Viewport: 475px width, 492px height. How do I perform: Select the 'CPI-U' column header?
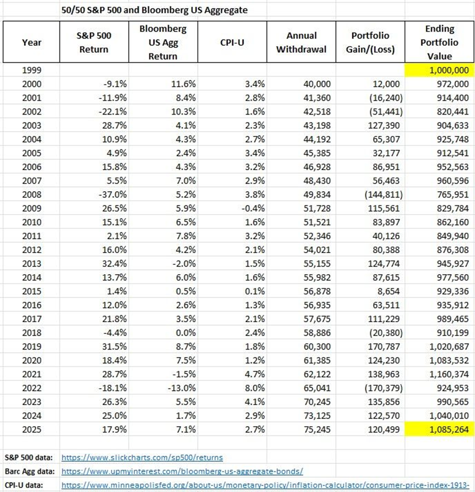click(232, 42)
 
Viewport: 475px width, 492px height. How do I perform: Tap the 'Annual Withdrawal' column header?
click(301, 42)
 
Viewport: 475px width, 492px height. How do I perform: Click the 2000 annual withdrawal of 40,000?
click(317, 84)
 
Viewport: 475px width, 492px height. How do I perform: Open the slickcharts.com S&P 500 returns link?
click(142, 457)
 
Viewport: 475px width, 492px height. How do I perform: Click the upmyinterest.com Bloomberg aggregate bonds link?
click(182, 472)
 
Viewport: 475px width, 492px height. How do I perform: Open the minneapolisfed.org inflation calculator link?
click(265, 485)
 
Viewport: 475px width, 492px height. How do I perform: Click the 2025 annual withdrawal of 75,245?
click(317, 430)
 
